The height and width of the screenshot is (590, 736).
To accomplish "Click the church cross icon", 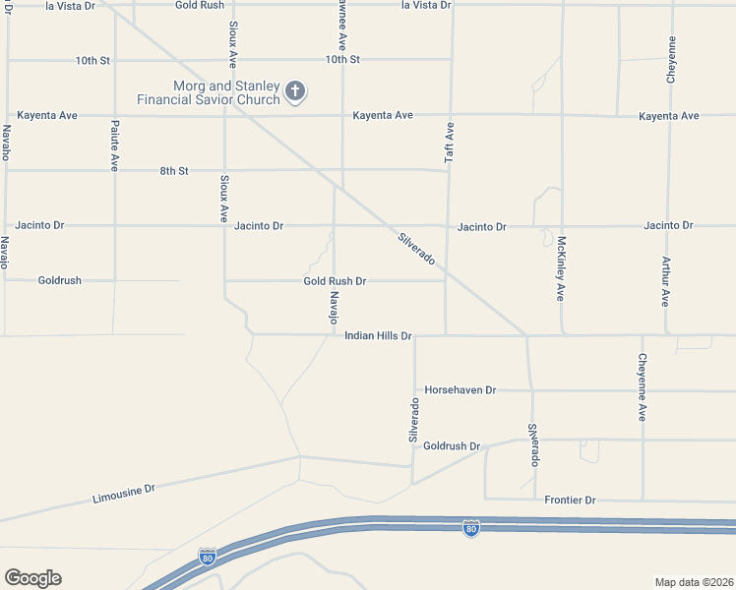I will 294,92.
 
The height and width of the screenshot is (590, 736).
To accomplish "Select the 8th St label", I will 174,171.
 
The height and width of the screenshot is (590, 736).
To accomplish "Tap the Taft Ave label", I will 450,142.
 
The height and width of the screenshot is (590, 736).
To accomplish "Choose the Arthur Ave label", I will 666,282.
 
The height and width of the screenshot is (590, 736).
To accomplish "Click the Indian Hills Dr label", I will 378,336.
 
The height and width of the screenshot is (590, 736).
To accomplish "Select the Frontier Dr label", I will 571,501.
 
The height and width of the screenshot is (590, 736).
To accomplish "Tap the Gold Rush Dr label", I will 335,281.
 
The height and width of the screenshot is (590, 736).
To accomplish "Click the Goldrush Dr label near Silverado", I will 452,446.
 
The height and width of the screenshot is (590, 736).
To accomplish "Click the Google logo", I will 32,578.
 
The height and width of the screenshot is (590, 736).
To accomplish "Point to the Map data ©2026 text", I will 693,582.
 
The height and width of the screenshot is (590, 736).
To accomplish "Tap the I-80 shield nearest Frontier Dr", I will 471,529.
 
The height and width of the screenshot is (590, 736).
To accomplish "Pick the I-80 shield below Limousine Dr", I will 207,558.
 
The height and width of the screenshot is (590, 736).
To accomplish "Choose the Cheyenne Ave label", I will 642,387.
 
